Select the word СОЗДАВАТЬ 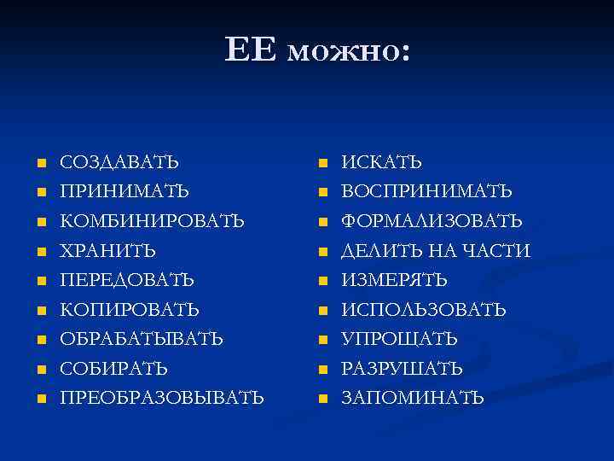click(119, 162)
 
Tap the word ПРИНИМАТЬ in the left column click(125, 191)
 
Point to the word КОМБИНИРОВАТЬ click(152, 221)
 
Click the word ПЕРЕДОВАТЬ click(126, 280)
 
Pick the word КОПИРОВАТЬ click(129, 310)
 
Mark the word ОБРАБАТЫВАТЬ click(142, 339)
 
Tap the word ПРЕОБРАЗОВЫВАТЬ click(161, 398)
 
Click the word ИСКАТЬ click(382, 162)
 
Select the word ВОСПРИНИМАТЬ click(427, 191)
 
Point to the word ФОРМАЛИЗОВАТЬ click(432, 221)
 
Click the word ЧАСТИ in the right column click(501, 251)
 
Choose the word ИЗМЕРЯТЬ click(395, 280)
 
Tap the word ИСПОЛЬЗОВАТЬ click(424, 310)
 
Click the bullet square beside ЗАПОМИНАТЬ click(322, 399)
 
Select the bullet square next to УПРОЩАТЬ click(322, 340)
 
